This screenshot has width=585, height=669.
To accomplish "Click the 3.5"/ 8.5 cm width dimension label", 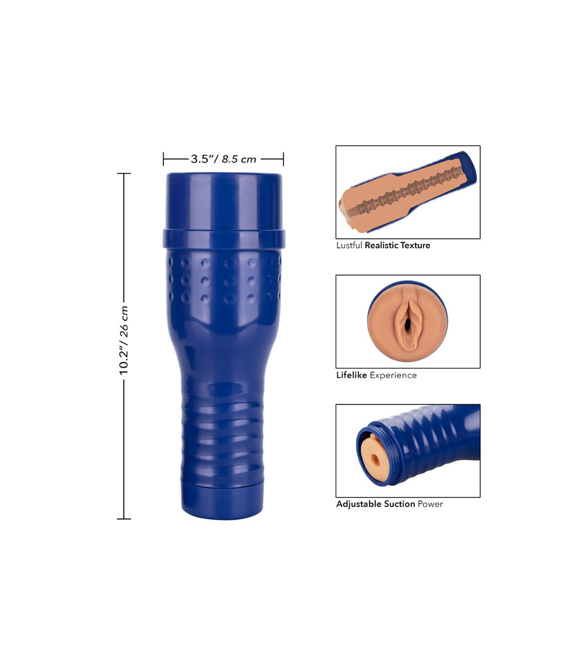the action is tap(224, 159).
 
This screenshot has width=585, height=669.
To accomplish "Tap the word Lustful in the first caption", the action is tap(350, 245).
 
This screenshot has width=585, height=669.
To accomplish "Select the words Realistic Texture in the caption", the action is tap(397, 245).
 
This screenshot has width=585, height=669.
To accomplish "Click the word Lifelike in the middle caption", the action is tap(351, 375).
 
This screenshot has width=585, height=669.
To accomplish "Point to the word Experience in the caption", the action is tap(393, 375).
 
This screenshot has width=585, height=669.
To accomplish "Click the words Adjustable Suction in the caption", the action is tap(376, 504).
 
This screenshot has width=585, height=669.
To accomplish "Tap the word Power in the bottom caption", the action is tap(430, 504).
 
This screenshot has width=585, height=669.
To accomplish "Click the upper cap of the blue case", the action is tap(224, 201).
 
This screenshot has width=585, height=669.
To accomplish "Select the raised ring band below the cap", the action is tap(224, 239).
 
